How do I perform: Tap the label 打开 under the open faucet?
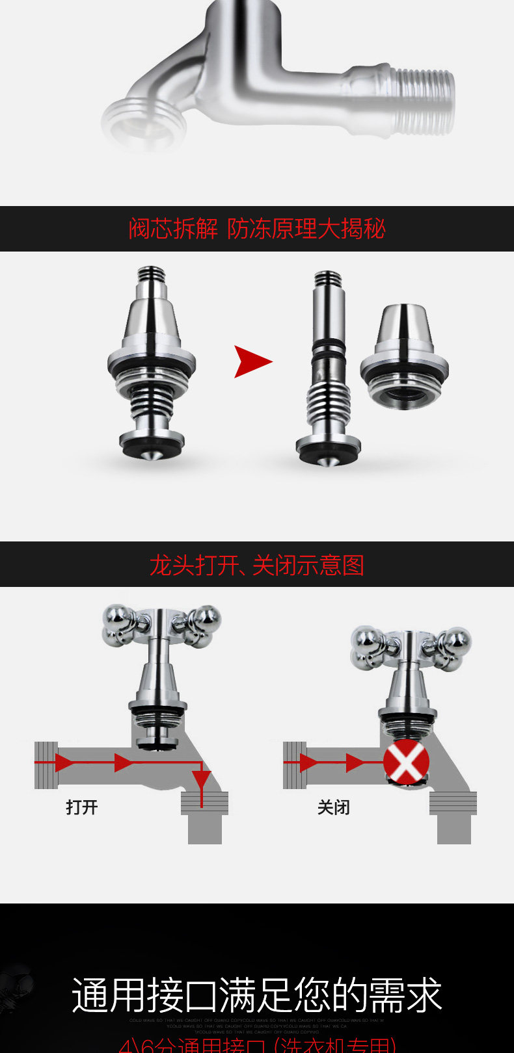pos(82,807)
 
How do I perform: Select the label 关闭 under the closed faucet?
pos(334,807)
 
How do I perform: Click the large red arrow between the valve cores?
pos(252,361)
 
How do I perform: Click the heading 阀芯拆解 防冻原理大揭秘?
pos(257,229)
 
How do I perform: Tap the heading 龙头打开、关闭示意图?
pos(257,565)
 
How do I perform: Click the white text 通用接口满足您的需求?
pos(257,995)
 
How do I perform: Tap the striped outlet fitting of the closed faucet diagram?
pos(453,803)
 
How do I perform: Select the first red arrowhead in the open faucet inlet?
pos(65,762)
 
